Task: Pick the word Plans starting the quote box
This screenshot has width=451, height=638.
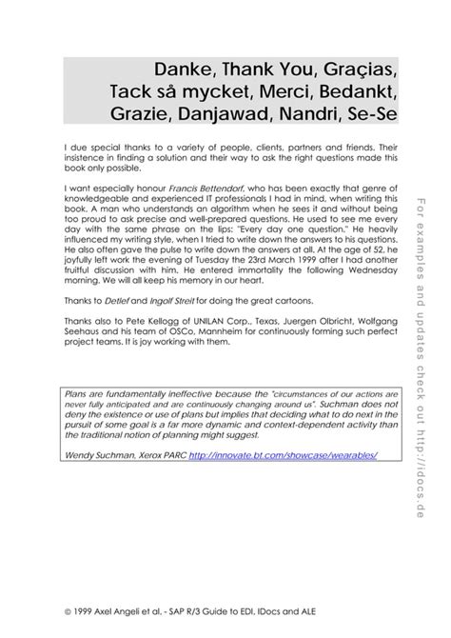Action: point(75,391)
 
